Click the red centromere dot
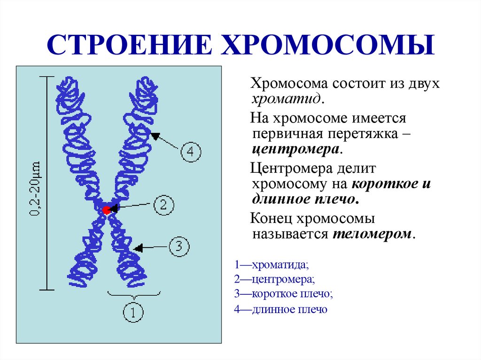(x=107, y=210)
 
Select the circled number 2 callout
(x=163, y=205)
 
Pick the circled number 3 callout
(x=178, y=247)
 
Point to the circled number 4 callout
(x=191, y=152)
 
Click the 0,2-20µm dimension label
(x=36, y=189)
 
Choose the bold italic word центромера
(x=295, y=150)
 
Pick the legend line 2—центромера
(x=274, y=280)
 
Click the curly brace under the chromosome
(x=134, y=295)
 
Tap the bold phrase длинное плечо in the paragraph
(x=305, y=199)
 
